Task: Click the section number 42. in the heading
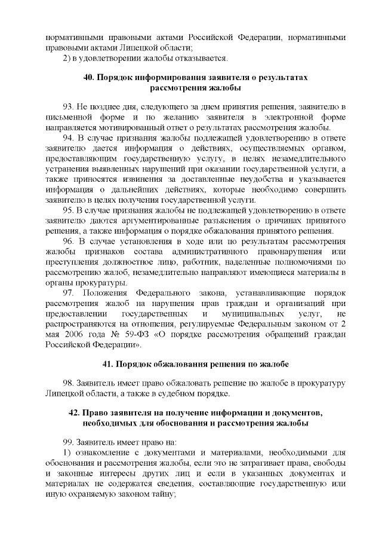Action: click(76, 414)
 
